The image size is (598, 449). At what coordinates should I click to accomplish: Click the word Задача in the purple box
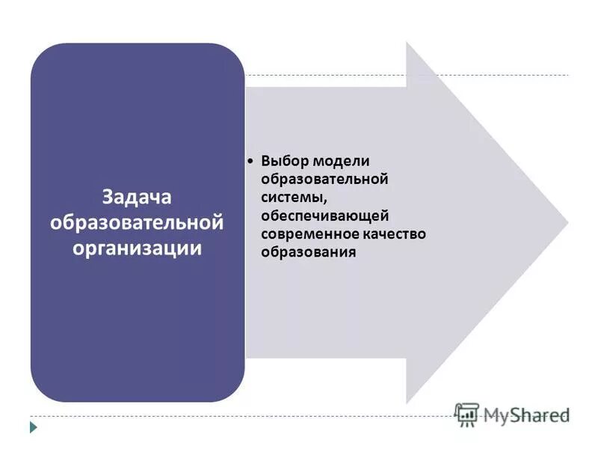137,199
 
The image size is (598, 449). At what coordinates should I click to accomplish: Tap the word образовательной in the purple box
137,223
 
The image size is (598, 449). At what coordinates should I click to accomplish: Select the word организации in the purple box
137,248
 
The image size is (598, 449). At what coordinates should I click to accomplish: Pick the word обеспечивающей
325,216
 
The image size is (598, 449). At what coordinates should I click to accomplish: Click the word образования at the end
308,252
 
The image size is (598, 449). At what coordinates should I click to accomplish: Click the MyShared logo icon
467,414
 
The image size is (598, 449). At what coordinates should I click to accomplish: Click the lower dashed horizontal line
224,416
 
